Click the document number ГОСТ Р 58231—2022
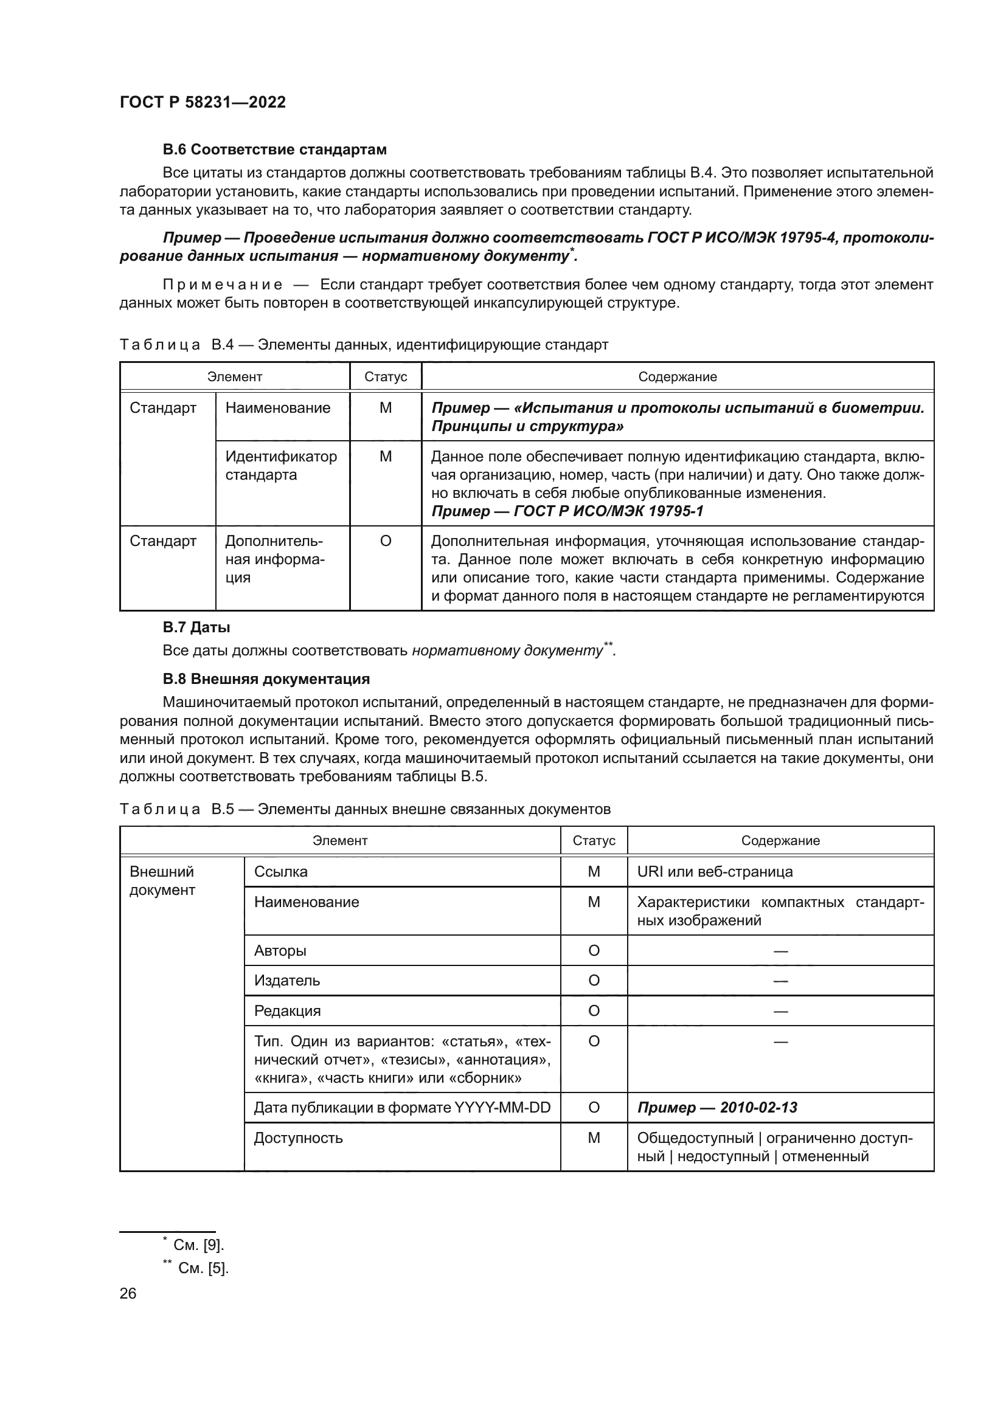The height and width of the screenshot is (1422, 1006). [x=203, y=102]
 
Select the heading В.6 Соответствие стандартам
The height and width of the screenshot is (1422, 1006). [x=274, y=150]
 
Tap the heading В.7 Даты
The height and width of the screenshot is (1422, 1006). [x=196, y=627]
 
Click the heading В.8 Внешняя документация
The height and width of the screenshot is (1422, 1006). [x=266, y=679]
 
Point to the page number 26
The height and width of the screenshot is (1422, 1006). [x=128, y=1293]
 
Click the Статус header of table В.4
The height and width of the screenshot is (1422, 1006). [x=385, y=376]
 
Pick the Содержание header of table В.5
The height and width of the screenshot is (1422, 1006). [x=780, y=840]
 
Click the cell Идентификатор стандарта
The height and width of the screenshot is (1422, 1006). [x=281, y=466]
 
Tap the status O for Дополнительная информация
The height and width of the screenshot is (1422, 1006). [x=385, y=541]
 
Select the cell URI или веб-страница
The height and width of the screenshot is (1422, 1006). [x=715, y=871]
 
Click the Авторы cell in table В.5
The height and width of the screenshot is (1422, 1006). [x=280, y=951]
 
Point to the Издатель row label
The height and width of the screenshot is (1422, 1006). [x=287, y=981]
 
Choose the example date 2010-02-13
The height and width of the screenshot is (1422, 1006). [x=717, y=1107]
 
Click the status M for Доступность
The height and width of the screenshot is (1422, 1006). [x=594, y=1137]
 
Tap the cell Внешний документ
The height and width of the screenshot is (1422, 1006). [x=162, y=881]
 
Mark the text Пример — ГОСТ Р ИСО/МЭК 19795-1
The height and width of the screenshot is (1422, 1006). [x=567, y=511]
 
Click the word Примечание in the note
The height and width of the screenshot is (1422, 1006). [x=223, y=285]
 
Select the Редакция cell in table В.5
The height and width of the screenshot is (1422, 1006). [x=288, y=1011]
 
